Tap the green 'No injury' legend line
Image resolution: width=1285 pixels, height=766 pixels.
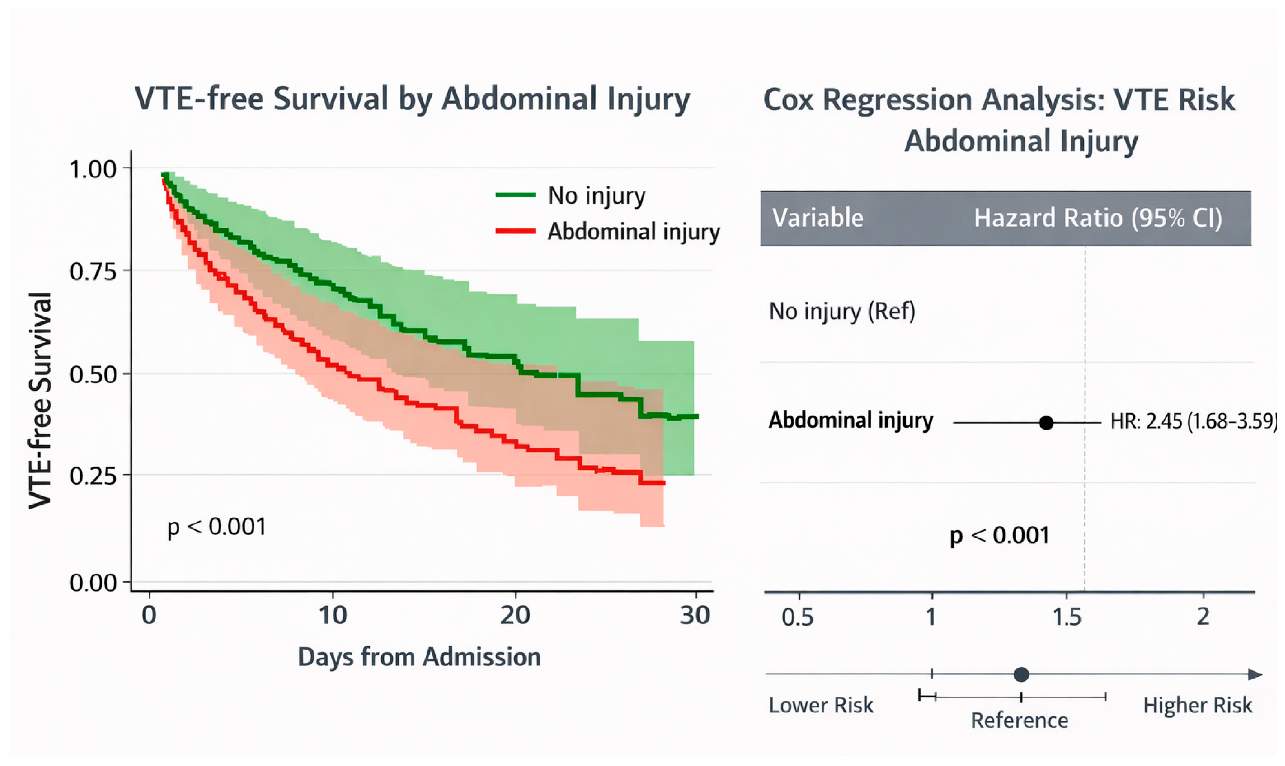515,195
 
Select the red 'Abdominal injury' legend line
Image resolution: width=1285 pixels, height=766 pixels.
515,231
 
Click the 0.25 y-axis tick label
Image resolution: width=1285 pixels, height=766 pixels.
93,476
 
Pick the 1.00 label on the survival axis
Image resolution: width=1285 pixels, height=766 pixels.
93,169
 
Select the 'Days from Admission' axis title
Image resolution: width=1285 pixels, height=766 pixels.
419,657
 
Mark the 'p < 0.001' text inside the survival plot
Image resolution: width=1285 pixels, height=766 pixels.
217,527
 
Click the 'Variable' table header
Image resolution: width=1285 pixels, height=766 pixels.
817,218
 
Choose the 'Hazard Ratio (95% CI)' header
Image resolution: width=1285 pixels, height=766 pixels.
1098,218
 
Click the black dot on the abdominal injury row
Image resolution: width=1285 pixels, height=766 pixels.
1046,423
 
